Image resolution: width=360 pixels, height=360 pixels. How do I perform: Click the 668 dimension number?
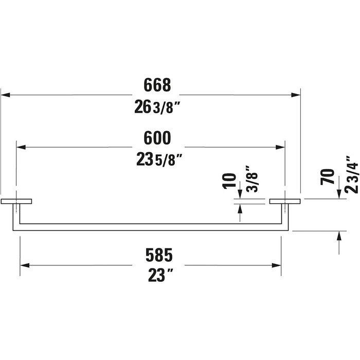157,85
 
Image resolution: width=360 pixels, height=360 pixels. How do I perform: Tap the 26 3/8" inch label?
157,107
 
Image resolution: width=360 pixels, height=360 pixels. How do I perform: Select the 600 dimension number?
157,138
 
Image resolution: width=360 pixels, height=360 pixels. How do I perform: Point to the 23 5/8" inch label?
159,159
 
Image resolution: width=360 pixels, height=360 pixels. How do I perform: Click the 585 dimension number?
159,255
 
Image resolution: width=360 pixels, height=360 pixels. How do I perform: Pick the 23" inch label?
160,275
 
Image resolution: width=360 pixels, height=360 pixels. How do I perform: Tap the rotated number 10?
229,181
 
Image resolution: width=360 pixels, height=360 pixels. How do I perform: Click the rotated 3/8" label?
252,178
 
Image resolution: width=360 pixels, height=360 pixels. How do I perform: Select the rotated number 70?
327,176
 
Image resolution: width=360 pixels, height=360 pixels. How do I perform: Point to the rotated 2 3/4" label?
352,174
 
